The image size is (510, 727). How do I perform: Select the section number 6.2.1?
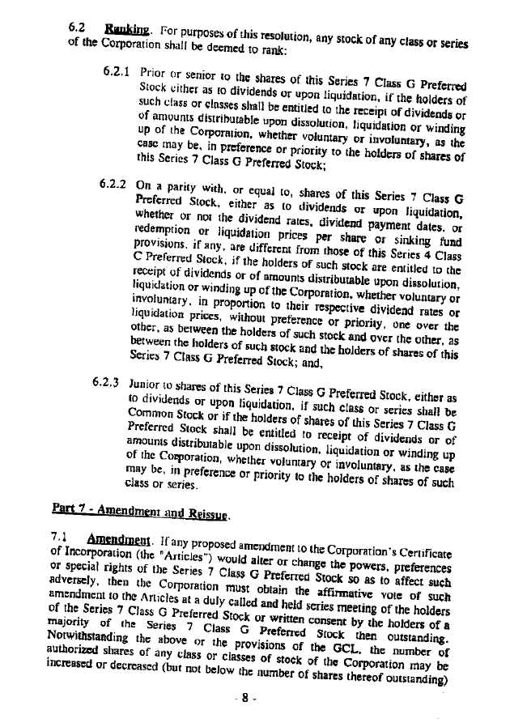tap(118, 70)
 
